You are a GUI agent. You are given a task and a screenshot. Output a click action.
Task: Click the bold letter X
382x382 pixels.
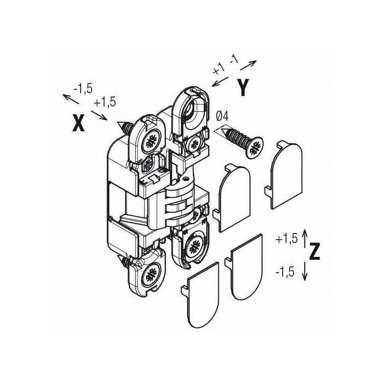(78, 123)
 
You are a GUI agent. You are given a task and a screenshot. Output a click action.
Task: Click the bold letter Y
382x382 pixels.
(243, 87)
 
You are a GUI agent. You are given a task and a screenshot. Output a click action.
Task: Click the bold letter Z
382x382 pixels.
(315, 251)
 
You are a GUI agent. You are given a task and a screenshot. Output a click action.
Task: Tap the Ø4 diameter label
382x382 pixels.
(222, 117)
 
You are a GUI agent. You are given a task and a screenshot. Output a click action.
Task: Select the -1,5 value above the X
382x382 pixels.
(83, 89)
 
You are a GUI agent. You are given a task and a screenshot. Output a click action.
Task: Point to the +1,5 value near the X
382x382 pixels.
(105, 102)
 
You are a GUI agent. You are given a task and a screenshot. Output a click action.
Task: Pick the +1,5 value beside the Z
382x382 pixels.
(286, 239)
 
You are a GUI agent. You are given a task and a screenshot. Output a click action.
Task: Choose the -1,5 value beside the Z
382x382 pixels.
(285, 272)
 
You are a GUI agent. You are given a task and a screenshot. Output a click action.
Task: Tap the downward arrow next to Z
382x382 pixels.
(305, 271)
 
